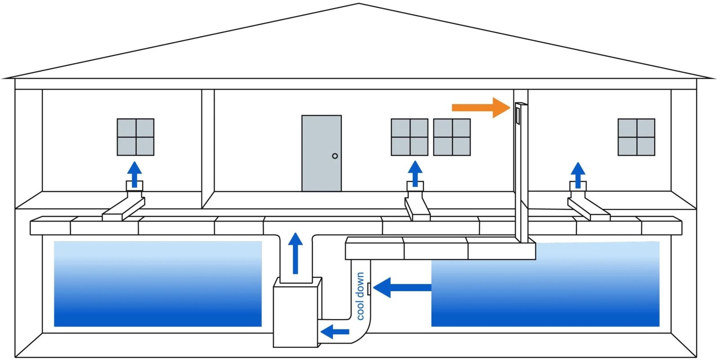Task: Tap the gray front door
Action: point(321,153)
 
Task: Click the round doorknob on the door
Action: point(335,156)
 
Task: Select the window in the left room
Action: point(135,137)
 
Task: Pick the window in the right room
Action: point(636,137)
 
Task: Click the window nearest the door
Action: point(409,137)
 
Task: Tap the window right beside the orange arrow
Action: point(452,137)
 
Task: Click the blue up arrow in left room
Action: point(134,174)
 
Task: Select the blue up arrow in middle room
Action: point(415,173)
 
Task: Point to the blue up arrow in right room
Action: point(578,175)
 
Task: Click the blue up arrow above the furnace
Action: point(295,253)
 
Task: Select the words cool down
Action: point(360,296)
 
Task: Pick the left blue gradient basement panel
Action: point(157,284)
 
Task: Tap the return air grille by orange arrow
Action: point(518,115)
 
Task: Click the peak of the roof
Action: point(359,4)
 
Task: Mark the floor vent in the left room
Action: point(134,185)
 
